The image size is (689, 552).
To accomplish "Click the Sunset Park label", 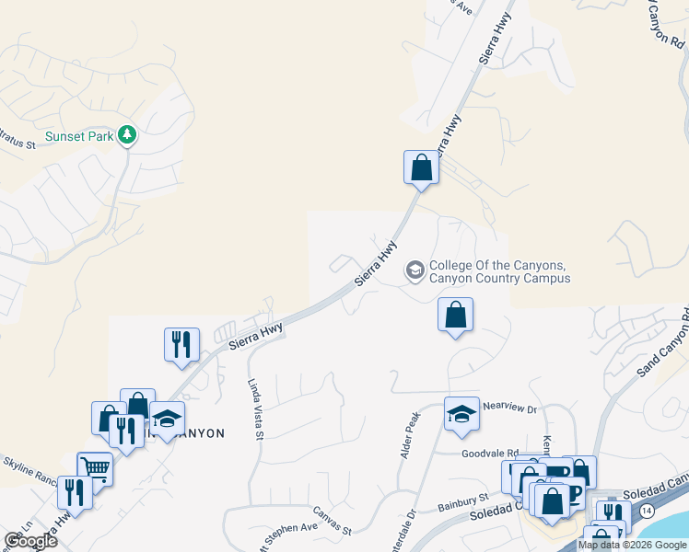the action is coord(80,136).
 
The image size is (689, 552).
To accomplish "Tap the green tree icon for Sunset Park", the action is coord(127,136).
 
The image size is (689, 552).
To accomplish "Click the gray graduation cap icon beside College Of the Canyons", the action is coord(415,270).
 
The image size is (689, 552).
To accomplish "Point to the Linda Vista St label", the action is coord(254,409).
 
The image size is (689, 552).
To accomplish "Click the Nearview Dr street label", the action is coord(509,408).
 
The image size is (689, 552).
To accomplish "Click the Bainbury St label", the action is coord(462,498).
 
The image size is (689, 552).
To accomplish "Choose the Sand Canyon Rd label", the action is coord(661,350).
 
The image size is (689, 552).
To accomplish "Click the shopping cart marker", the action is coord(95,468).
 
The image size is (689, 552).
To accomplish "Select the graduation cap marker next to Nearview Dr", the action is coord(462,414).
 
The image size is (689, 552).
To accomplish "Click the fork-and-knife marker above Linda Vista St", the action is coord(181,343).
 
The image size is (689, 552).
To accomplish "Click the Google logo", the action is coord(30,541).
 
